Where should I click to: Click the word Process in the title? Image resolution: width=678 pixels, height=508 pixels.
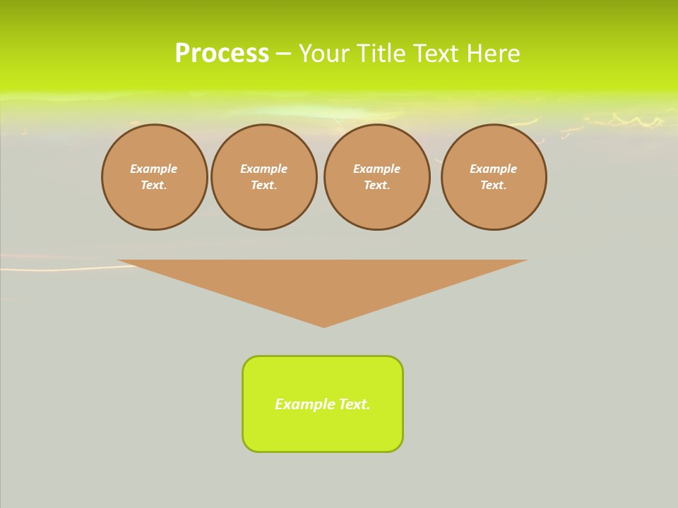pyautogui.click(x=222, y=54)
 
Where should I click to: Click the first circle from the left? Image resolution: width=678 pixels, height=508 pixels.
pyautogui.click(x=154, y=177)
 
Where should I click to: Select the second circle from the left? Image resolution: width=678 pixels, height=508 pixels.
pyautogui.click(x=264, y=177)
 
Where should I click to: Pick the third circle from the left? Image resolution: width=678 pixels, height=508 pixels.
pyautogui.click(x=377, y=177)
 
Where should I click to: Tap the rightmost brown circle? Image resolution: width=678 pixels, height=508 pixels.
pyautogui.click(x=494, y=177)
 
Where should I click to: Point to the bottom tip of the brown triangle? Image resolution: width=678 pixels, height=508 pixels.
pyautogui.click(x=324, y=325)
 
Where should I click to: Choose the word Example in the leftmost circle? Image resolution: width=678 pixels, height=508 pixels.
pyautogui.click(x=154, y=169)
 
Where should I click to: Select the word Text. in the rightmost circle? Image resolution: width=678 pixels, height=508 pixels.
pyautogui.click(x=494, y=186)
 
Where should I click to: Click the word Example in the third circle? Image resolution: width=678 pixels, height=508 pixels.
pyautogui.click(x=377, y=169)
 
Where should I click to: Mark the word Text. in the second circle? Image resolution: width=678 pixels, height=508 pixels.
pyautogui.click(x=264, y=186)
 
